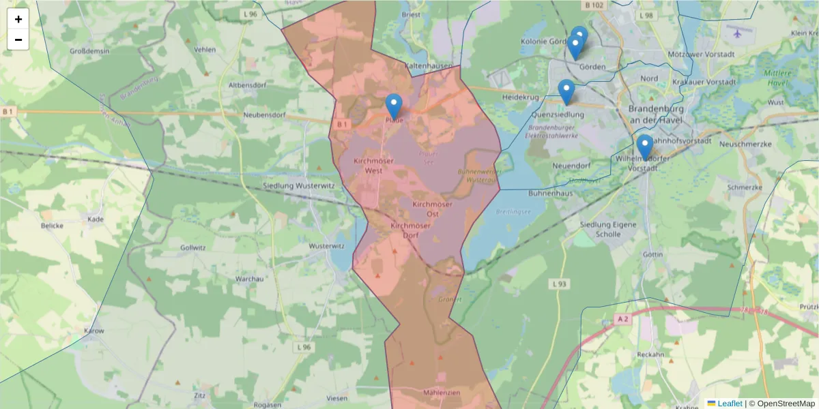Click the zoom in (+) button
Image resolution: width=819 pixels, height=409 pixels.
[18, 19]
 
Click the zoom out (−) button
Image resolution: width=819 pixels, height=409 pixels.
[18, 40]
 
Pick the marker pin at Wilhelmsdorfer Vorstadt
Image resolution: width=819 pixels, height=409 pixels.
[644, 147]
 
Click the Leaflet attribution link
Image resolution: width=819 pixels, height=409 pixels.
[730, 404]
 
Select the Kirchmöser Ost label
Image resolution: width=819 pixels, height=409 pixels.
[433, 209]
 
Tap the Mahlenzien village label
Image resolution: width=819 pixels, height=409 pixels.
[442, 393]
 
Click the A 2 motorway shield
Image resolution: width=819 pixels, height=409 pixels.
[621, 318]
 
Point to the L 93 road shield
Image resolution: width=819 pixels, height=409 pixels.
[559, 284]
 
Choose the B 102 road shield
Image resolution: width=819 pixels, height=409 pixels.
[594, 5]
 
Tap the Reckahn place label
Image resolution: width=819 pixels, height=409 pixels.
[650, 354]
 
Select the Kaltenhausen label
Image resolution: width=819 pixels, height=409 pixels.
[429, 66]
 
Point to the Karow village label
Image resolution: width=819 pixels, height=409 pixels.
[93, 331]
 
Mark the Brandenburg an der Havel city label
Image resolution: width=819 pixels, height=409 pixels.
[652, 115]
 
